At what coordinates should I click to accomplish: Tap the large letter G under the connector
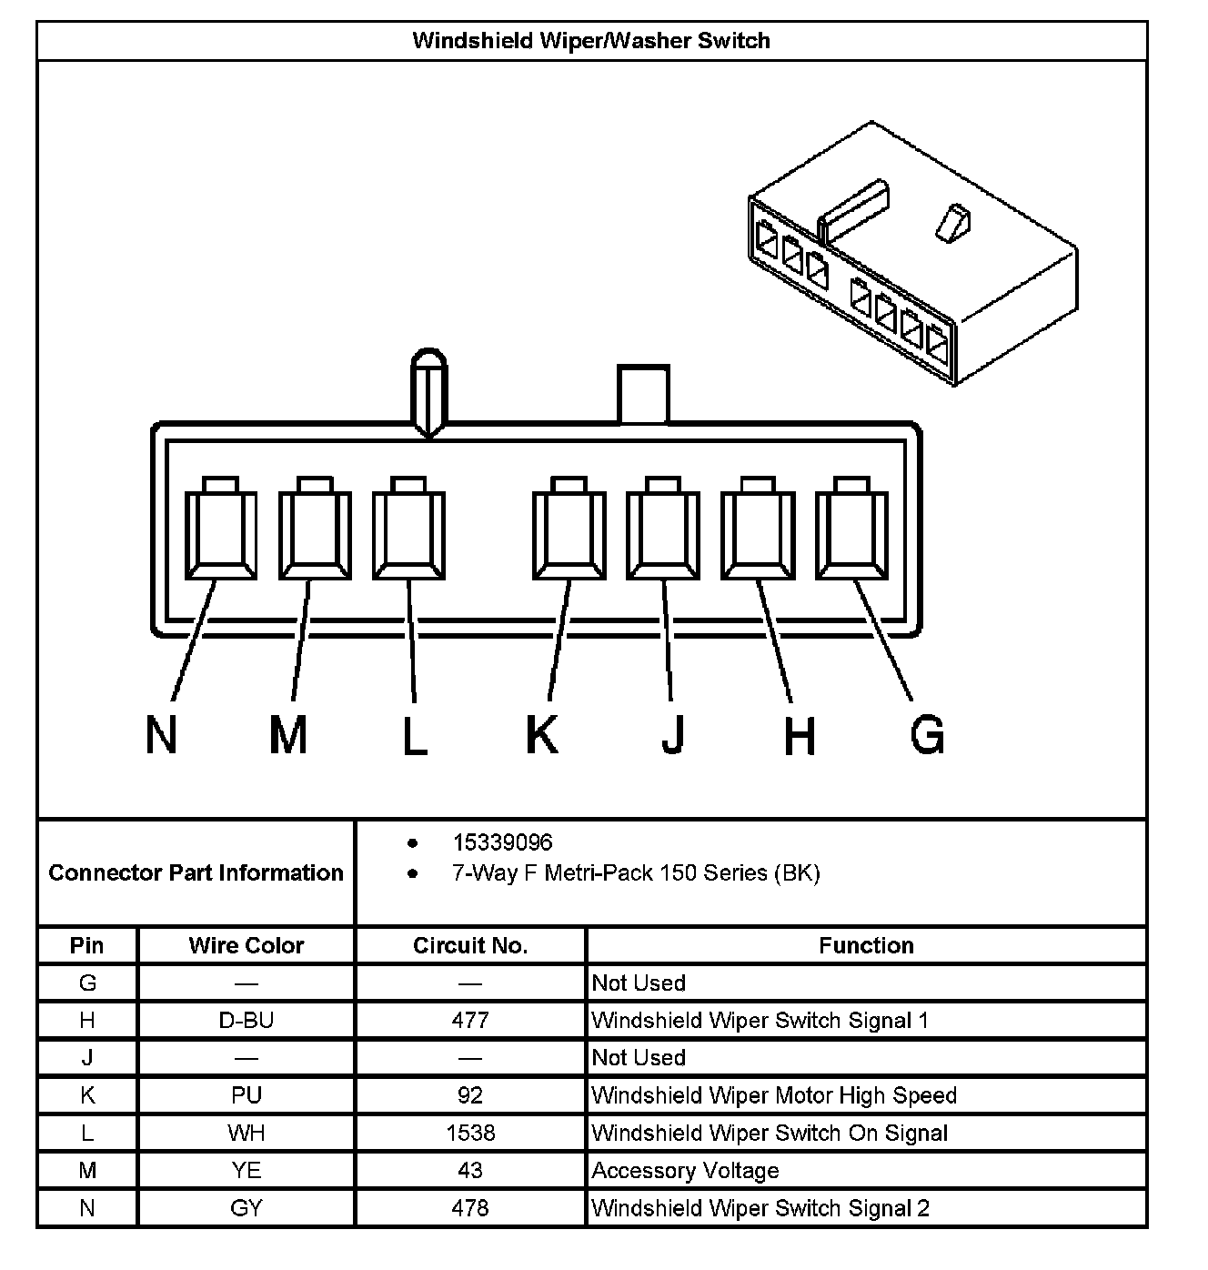[927, 734]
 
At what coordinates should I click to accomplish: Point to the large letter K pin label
[542, 734]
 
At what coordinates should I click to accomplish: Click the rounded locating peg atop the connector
[429, 391]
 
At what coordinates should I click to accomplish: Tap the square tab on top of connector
[643, 395]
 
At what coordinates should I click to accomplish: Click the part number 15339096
[502, 842]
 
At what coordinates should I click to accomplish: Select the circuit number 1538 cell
[470, 1133]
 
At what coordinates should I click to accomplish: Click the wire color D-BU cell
[246, 1020]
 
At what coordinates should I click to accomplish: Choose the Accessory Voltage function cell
[685, 1171]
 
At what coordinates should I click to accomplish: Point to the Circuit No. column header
[470, 945]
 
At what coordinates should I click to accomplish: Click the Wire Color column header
[246, 945]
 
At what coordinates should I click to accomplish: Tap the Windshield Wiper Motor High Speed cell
[774, 1095]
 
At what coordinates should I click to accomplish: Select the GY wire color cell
[246, 1208]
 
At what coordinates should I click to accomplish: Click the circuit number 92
[470, 1095]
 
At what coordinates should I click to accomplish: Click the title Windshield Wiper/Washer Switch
[591, 41]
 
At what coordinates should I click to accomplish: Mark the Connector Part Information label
[196, 872]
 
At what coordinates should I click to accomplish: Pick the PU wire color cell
[246, 1095]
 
